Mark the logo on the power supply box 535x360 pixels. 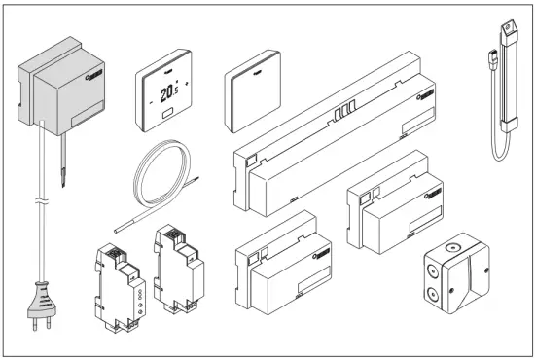tap(95, 71)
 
